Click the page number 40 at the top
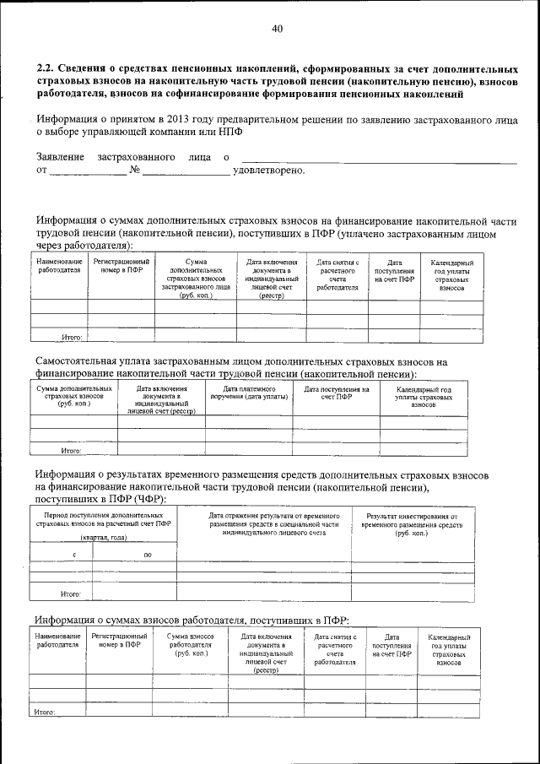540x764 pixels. tap(277, 29)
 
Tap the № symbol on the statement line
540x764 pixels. tap(134, 171)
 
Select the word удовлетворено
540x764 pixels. tap(268, 171)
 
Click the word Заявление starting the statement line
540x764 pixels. tap(60, 157)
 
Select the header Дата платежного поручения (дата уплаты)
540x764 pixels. tap(248, 393)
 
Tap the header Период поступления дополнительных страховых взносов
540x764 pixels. tap(103, 519)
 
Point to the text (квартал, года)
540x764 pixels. tap(103, 538)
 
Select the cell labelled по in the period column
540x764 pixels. tap(148, 554)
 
